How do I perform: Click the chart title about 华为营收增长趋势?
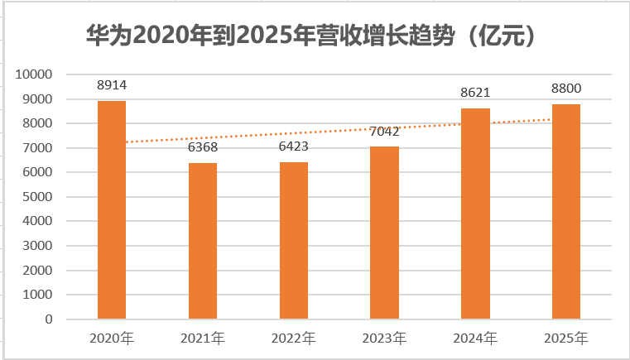311,36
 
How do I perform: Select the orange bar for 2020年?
112,209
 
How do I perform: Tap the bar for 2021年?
203,241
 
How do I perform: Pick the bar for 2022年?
294,241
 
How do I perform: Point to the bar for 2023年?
384,233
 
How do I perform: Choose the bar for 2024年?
475,214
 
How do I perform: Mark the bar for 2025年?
566,212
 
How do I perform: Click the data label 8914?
112,85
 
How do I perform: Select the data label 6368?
203,147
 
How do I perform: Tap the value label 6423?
294,146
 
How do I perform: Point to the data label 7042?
384,132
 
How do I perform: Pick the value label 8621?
475,93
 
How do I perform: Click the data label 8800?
566,89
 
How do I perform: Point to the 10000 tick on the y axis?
34,74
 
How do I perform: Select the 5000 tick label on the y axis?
37,197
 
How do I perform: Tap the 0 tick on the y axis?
49,319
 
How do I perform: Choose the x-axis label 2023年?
384,338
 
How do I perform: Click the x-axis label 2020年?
112,338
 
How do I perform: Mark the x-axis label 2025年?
566,338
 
